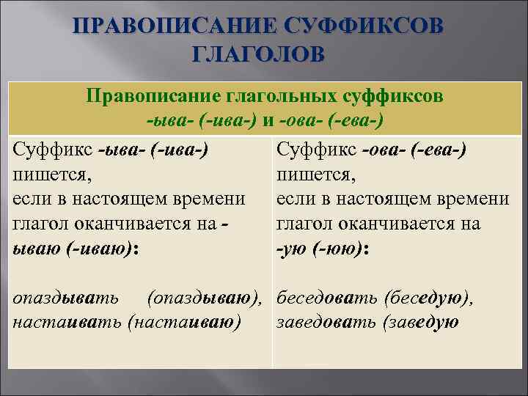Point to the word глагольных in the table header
tap(271, 96)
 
